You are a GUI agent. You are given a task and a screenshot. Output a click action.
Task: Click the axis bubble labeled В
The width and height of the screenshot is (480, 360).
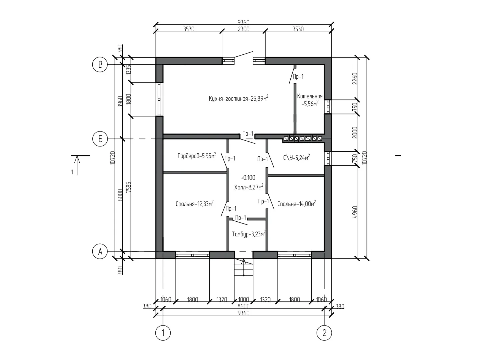[100, 64]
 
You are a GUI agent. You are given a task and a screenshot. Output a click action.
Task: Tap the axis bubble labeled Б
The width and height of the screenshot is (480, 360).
[100, 139]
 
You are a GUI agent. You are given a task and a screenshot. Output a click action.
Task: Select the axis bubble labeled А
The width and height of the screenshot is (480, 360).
[100, 252]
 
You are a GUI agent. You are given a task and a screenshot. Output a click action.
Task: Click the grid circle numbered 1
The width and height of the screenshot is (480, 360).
[163, 333]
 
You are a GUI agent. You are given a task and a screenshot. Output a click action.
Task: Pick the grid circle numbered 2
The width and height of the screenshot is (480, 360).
[324, 333]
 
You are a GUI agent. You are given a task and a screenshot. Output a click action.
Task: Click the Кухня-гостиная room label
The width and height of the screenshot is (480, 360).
[238, 98]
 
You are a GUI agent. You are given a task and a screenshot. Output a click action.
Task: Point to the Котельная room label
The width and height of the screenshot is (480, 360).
[310, 100]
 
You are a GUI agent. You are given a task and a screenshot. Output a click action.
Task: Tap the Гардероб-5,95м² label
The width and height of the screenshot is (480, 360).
[197, 156]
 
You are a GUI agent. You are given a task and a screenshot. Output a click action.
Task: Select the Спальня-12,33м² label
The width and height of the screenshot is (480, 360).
[195, 203]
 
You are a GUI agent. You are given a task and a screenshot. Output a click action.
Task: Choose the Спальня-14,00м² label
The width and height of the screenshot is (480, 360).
[297, 203]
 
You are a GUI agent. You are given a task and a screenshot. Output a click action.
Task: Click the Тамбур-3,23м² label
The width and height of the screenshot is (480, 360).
[249, 234]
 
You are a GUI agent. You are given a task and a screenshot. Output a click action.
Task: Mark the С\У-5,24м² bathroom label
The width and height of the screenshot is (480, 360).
[297, 157]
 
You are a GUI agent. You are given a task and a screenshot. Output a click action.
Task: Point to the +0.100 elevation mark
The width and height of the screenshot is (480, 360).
[248, 178]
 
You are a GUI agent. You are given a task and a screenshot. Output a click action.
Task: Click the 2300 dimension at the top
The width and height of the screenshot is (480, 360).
[243, 29]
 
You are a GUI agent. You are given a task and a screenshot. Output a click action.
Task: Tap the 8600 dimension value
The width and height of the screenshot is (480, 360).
[243, 306]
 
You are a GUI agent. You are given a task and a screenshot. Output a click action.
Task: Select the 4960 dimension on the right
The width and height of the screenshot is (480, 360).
[355, 212]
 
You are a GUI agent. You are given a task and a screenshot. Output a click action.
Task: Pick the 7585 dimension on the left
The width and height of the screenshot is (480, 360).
[129, 187]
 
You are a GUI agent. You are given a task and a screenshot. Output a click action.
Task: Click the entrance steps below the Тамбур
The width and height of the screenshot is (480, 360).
[244, 267]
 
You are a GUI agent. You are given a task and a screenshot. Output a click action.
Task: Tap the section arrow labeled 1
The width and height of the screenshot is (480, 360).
[77, 165]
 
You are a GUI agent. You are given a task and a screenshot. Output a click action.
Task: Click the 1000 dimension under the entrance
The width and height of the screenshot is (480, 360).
[244, 299]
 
